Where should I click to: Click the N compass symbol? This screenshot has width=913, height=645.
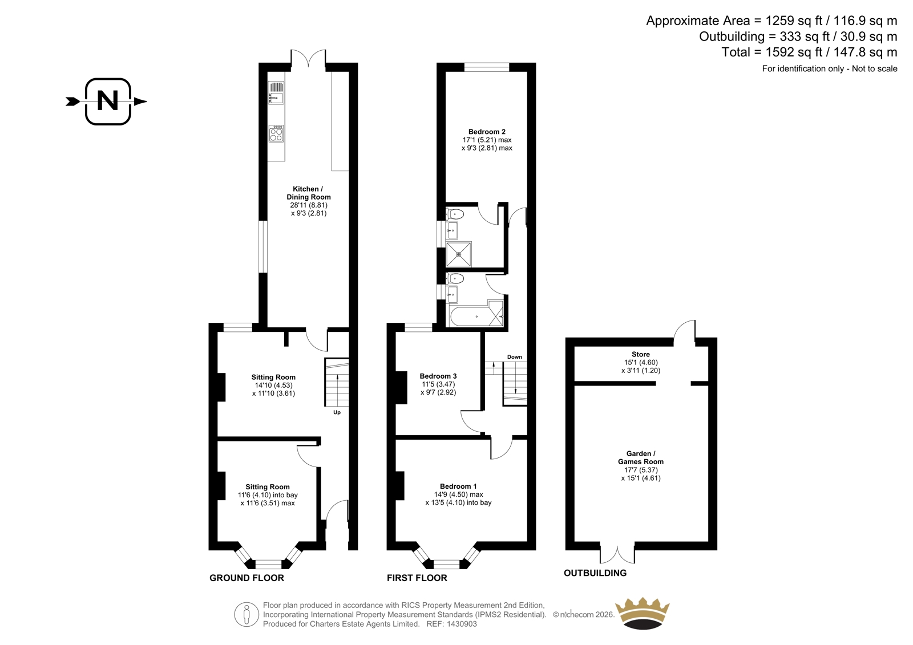coord(108,102)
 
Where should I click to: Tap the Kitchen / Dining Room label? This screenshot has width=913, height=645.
coord(309,193)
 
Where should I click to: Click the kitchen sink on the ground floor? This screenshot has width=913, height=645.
coord(276,93)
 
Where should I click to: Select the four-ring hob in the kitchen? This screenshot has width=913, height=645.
coord(276,133)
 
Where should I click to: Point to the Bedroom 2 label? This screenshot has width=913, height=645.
coord(487,132)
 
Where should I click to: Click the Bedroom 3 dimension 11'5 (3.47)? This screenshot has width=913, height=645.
coord(438,384)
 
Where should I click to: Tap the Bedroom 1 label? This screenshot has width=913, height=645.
coord(458,486)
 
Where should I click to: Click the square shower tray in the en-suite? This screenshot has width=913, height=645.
coord(459,254)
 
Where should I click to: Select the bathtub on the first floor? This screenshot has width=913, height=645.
coord(476,317)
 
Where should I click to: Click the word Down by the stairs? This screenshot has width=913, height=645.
coord(514,357)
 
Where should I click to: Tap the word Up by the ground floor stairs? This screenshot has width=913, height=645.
coord(337,412)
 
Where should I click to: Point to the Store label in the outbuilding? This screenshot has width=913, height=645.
coord(641,354)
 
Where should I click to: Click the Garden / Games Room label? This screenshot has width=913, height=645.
coord(641,457)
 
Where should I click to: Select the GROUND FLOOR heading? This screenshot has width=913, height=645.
coord(247,578)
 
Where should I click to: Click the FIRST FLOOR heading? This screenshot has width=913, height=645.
coord(417,578)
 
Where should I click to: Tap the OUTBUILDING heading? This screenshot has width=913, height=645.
coord(595,573)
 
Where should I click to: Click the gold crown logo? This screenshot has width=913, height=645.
coord(643,613)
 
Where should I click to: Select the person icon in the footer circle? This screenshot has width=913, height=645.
coord(247,615)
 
